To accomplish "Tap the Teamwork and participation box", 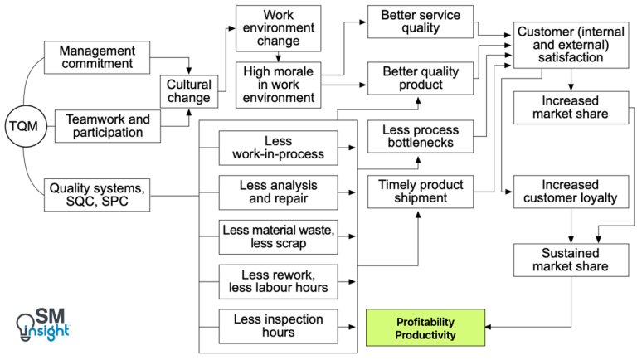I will pos(108,126).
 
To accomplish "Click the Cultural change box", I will pos(189,91).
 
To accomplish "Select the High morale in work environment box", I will pos(278,85).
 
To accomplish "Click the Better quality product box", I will pos(419,80).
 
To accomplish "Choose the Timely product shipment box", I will pos(420,191).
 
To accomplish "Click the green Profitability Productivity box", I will pos(425,328).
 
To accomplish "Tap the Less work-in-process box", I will pos(279,148).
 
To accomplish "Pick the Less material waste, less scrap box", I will pos(279,236).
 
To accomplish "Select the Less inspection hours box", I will pos(279,325).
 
